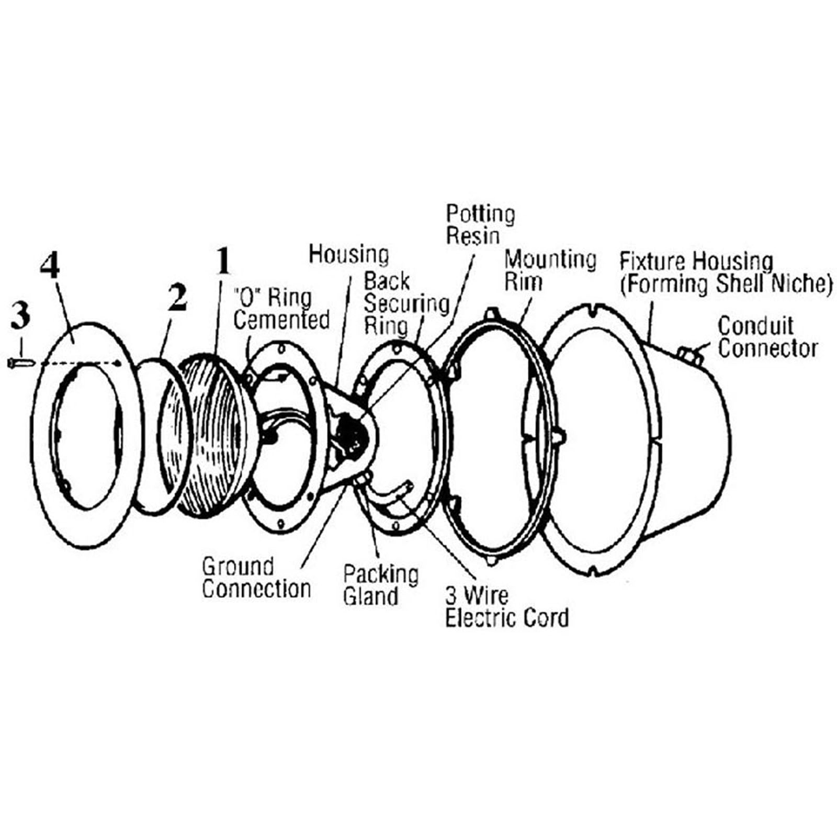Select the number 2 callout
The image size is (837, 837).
pyautogui.click(x=177, y=297)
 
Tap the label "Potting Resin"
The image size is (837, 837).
pyautogui.click(x=480, y=224)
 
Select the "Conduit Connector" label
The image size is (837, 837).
pyautogui.click(x=767, y=337)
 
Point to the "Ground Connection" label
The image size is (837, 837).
pyautogui.click(x=256, y=578)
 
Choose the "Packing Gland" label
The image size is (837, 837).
pyautogui.click(x=380, y=585)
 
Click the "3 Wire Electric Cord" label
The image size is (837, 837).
pyautogui.click(x=506, y=607)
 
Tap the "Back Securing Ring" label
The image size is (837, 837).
pyautogui.click(x=406, y=303)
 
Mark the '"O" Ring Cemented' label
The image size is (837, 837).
pyautogui.click(x=281, y=309)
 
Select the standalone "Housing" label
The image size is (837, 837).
pyautogui.click(x=348, y=255)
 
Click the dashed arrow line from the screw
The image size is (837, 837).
pyautogui.click(x=78, y=363)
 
